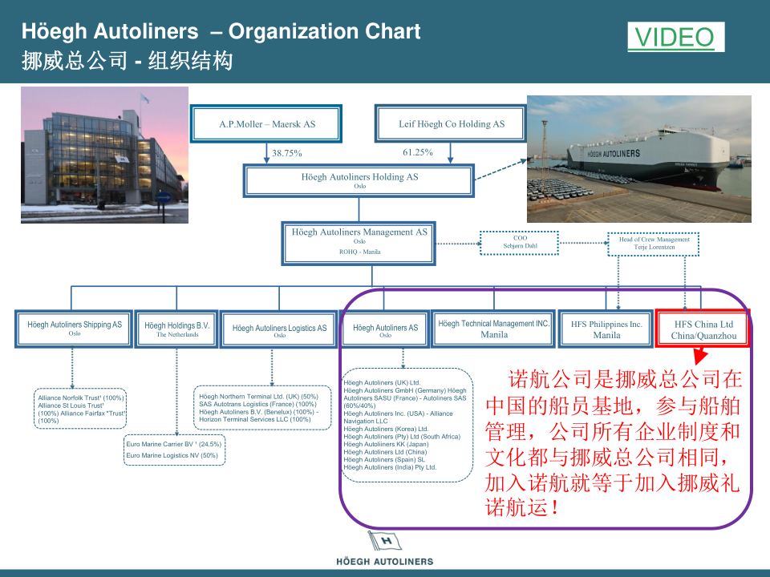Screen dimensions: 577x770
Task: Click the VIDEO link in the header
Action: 675,37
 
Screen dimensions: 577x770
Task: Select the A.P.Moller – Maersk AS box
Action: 267,124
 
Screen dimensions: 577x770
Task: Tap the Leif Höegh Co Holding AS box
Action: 451,124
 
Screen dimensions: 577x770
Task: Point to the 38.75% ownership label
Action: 286,153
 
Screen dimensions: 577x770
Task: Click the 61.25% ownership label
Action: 418,152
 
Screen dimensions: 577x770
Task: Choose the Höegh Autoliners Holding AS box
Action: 359,180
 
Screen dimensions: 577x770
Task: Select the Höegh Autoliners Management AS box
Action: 359,244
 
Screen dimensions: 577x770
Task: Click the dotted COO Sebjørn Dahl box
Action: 520,242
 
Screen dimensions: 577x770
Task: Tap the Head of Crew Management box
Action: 654,244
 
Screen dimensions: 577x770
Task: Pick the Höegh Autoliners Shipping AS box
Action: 75,329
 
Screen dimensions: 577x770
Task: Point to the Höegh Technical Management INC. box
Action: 494,329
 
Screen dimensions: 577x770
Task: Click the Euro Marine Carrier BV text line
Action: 173,444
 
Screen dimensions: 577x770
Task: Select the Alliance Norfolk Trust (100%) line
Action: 80,397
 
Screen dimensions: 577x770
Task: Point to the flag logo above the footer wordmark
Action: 383,542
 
